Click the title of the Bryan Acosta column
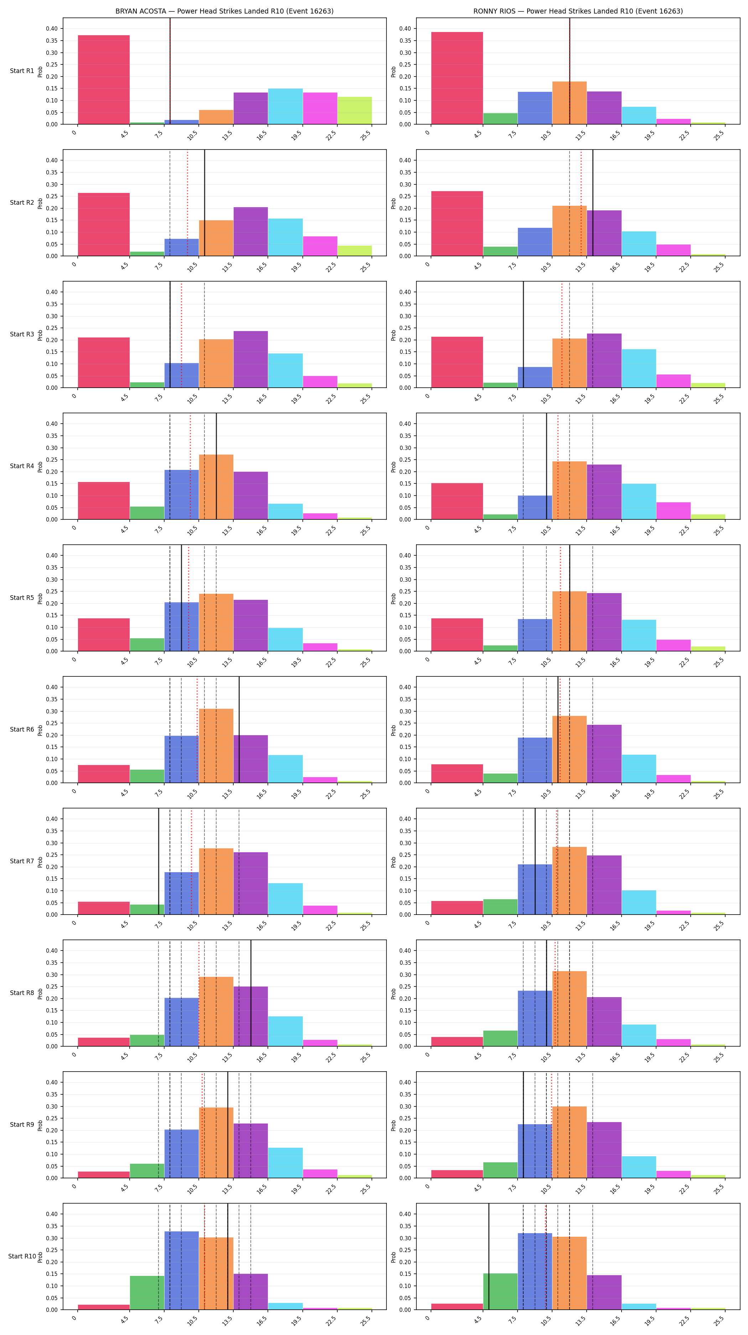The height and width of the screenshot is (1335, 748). pos(224,11)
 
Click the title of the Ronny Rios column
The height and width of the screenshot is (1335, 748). pos(578,11)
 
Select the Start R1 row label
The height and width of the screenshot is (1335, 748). pos(22,71)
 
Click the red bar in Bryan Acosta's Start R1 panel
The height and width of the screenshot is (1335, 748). pos(104,80)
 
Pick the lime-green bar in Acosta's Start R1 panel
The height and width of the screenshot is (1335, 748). pos(354,110)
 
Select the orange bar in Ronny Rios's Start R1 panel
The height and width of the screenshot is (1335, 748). pos(569,103)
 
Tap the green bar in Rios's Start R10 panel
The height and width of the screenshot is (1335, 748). pos(500,1291)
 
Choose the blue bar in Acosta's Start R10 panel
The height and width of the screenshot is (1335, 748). pos(181,1270)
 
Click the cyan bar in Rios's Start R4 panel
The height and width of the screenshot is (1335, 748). pos(639,501)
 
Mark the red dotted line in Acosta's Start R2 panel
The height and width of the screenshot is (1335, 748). pos(188,203)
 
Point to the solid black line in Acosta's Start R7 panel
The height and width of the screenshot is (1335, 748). pos(159,861)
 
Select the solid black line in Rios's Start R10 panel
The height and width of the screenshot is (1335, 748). pos(488,1256)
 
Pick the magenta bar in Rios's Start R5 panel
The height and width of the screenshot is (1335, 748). pos(673,645)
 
